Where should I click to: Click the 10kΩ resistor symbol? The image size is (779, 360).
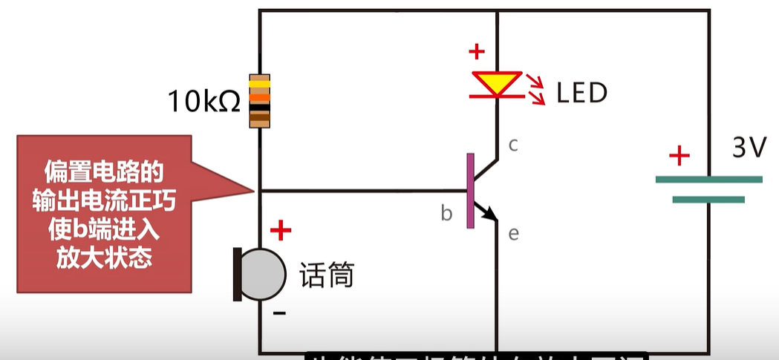(x=259, y=101)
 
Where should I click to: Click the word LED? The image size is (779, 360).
(x=582, y=93)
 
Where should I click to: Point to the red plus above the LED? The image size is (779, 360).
(x=476, y=52)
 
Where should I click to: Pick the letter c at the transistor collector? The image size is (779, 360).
(x=512, y=144)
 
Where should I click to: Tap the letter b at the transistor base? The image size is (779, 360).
(x=446, y=214)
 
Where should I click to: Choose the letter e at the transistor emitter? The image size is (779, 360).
(x=512, y=234)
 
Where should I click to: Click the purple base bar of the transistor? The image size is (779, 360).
(x=470, y=190)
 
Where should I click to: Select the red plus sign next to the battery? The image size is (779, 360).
(x=679, y=156)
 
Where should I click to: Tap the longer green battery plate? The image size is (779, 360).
(x=708, y=179)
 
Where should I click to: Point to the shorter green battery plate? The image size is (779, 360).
(x=708, y=199)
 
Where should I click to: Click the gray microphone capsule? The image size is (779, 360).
(x=264, y=274)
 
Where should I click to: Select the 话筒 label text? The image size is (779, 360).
(x=326, y=275)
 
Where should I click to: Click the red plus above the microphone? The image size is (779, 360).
(x=281, y=231)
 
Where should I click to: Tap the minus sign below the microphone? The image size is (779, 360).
(x=279, y=313)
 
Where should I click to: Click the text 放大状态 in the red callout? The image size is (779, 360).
(x=104, y=257)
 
